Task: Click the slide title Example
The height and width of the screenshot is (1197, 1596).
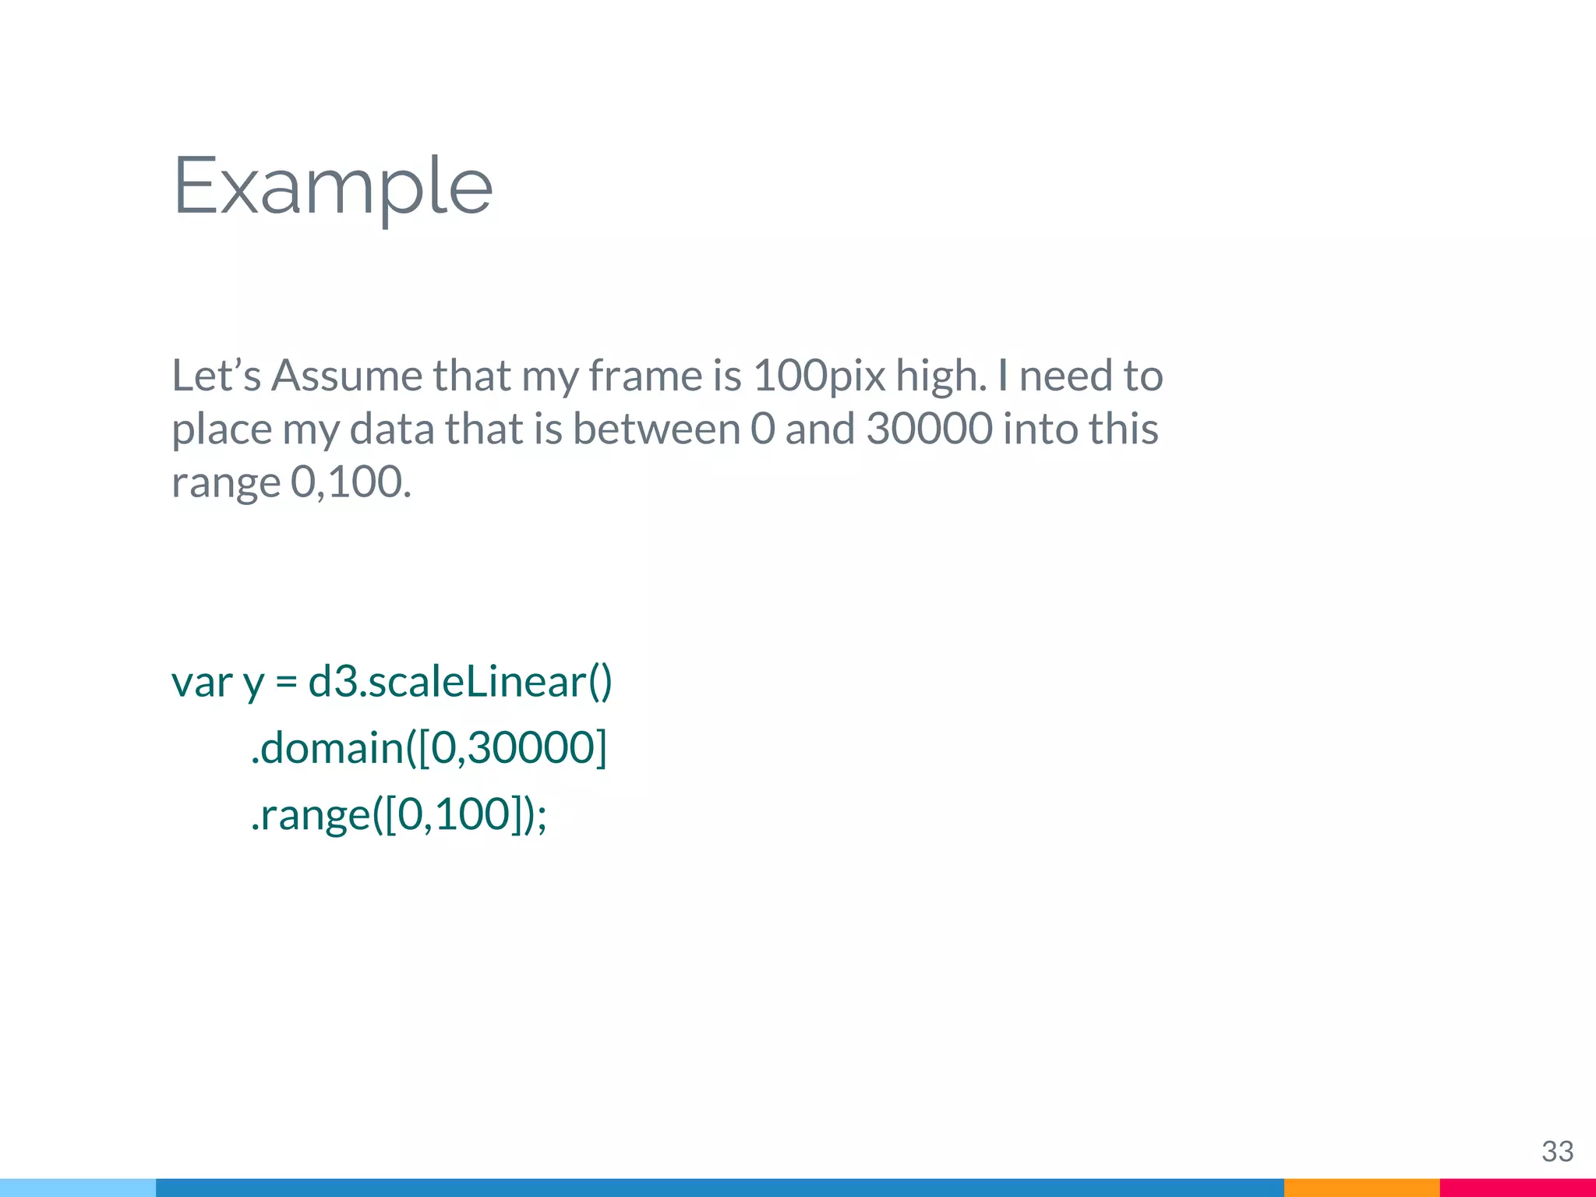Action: click(332, 187)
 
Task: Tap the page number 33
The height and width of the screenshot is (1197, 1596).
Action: click(1557, 1151)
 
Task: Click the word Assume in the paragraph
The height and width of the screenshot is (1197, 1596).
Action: click(346, 376)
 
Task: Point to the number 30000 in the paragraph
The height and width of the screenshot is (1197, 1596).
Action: click(929, 429)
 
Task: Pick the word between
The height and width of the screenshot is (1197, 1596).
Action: click(656, 429)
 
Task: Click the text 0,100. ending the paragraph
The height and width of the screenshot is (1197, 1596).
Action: click(351, 482)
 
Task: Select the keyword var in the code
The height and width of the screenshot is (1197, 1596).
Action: click(202, 683)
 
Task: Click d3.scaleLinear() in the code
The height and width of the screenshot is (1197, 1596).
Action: click(460, 683)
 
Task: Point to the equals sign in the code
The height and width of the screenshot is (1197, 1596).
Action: click(286, 683)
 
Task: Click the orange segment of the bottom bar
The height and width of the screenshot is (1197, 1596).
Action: click(1361, 1188)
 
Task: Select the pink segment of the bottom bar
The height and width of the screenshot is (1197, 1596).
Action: click(1517, 1188)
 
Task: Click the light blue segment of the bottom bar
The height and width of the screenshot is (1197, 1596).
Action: click(78, 1188)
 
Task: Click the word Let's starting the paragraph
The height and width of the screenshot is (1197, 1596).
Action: click(216, 376)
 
